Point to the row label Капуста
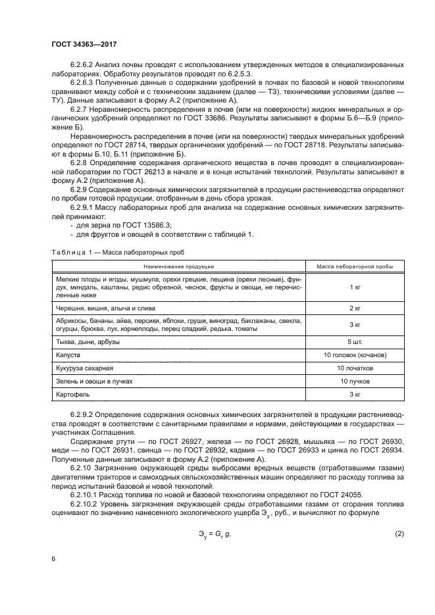[x=70, y=355]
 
